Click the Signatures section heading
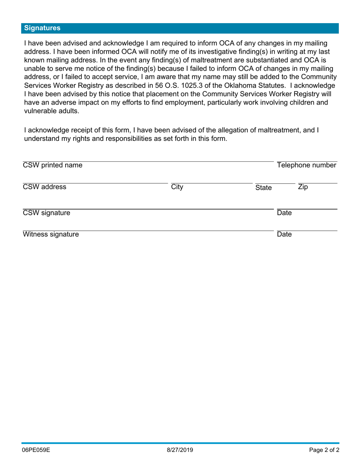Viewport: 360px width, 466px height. (x=42, y=28)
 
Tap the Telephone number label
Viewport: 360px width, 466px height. (x=307, y=165)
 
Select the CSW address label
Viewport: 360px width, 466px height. (x=45, y=187)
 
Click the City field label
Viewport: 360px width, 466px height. (x=177, y=187)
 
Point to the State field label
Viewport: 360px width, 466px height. (x=263, y=188)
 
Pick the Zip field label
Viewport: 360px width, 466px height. (x=303, y=187)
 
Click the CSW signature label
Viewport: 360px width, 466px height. (x=47, y=213)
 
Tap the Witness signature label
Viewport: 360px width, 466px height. (x=51, y=235)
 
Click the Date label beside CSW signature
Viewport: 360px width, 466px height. (x=284, y=213)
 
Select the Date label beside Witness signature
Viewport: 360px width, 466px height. (x=284, y=235)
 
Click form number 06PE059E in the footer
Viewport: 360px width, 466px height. (x=36, y=450)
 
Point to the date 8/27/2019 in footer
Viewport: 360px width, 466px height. (x=180, y=450)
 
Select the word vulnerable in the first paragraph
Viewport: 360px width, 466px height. (x=39, y=111)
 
